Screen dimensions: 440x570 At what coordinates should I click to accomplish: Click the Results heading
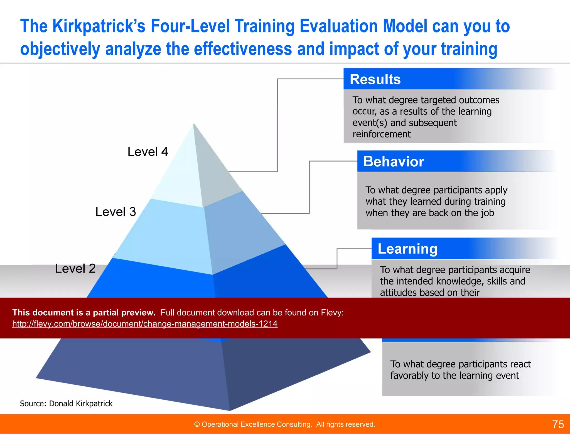click(375, 79)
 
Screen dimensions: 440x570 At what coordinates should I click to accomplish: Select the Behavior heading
click(394, 162)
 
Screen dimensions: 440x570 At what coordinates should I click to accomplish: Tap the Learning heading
click(407, 249)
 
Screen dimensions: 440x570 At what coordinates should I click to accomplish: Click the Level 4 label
click(148, 152)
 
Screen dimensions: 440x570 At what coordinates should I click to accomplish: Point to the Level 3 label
click(116, 212)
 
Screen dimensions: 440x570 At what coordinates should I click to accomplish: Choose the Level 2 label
click(75, 269)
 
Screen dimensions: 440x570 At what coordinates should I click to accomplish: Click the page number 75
click(558, 424)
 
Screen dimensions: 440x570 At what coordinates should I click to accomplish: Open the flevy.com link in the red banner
click(145, 324)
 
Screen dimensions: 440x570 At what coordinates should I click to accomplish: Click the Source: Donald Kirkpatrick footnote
click(66, 404)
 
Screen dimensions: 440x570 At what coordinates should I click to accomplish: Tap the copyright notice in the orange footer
click(284, 424)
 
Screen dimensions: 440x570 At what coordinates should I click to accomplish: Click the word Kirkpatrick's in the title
click(99, 26)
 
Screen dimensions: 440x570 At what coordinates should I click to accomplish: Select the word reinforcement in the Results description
click(381, 134)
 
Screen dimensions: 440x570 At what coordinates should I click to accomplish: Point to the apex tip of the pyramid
click(194, 124)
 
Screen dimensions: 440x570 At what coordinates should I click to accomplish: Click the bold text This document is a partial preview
click(84, 313)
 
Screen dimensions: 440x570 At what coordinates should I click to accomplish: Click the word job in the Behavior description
click(487, 213)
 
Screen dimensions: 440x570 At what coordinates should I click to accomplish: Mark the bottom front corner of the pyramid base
click(230, 410)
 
